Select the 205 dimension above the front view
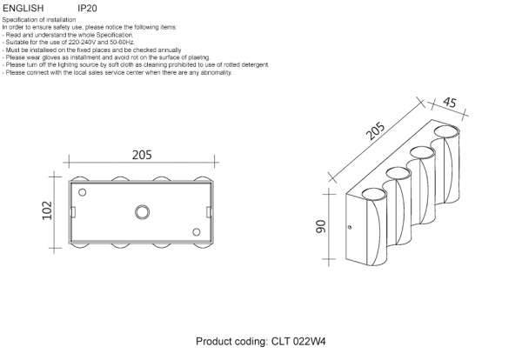[x=142, y=155]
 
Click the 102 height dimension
[x=48, y=211]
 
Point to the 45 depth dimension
[x=450, y=103]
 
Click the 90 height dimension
[x=320, y=229]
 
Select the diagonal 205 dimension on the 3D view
[x=375, y=133]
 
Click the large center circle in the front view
[x=142, y=210]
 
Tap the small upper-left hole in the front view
[x=83, y=192]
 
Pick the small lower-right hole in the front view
[x=197, y=231]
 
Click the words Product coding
[x=230, y=343]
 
